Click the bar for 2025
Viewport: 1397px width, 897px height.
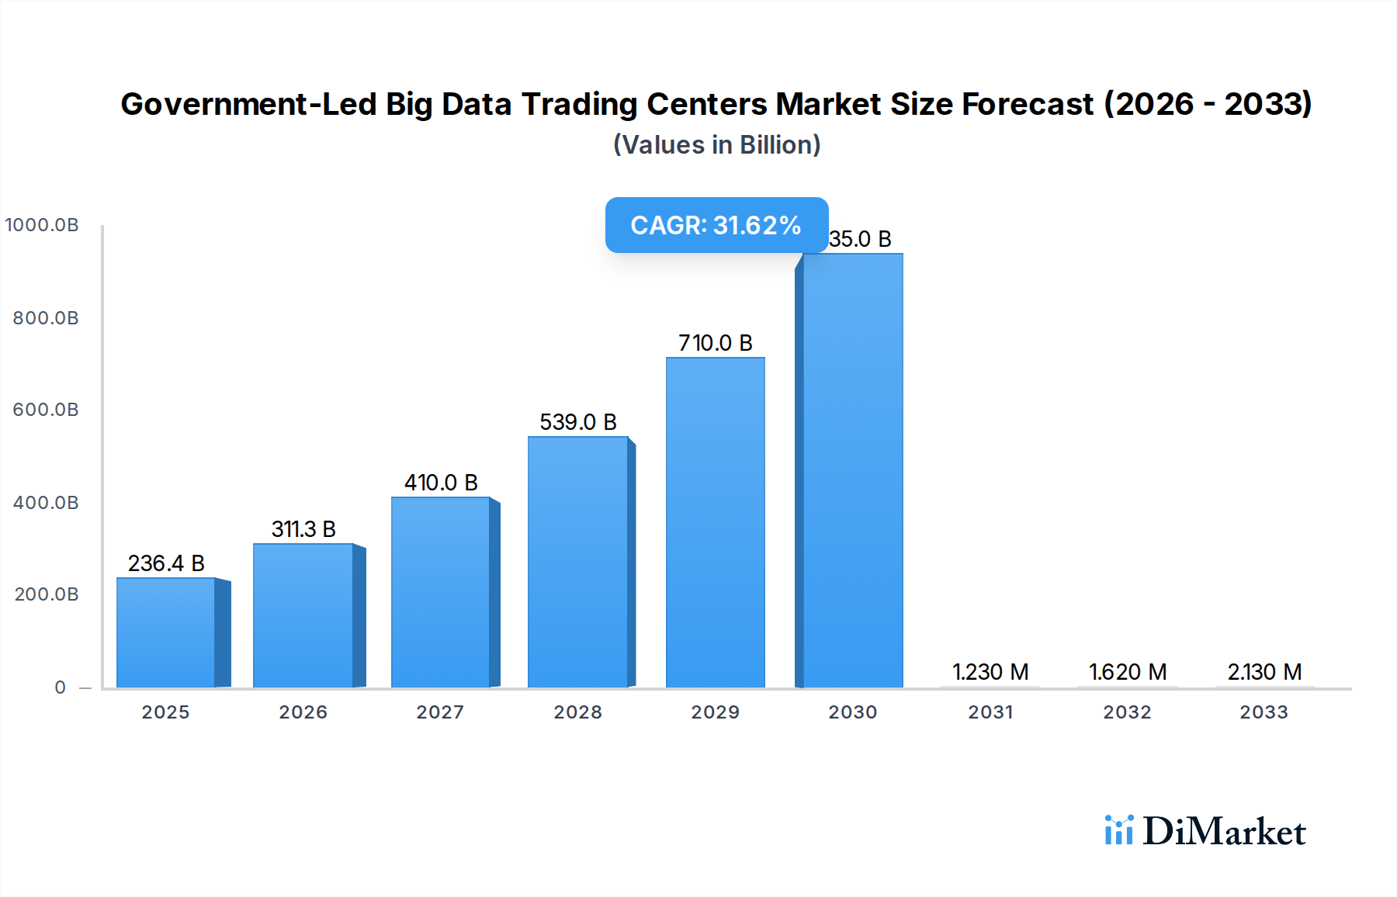tap(165, 632)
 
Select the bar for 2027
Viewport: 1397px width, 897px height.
tap(440, 592)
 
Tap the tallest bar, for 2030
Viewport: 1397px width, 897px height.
tap(852, 471)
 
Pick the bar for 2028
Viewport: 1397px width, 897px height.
tap(577, 562)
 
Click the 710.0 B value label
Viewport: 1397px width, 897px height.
tap(715, 343)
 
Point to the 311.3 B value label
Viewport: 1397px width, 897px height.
tap(303, 529)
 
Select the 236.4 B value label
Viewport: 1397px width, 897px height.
tap(166, 563)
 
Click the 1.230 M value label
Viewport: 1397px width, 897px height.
tap(990, 672)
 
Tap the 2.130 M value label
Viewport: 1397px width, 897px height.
tap(1264, 672)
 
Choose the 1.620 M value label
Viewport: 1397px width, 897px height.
tap(1128, 672)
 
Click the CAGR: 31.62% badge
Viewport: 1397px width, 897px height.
tap(716, 225)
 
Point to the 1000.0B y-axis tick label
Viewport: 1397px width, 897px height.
tap(42, 225)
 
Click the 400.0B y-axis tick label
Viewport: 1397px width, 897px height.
tap(46, 503)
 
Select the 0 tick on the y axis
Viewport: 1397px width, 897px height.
tap(61, 687)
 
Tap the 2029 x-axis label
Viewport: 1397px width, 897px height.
tap(715, 712)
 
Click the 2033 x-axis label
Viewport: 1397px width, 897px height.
tap(1264, 712)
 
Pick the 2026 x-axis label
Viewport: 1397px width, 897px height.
tap(303, 712)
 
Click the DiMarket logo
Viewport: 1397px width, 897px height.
tap(1205, 831)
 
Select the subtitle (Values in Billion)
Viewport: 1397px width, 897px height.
tap(716, 145)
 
